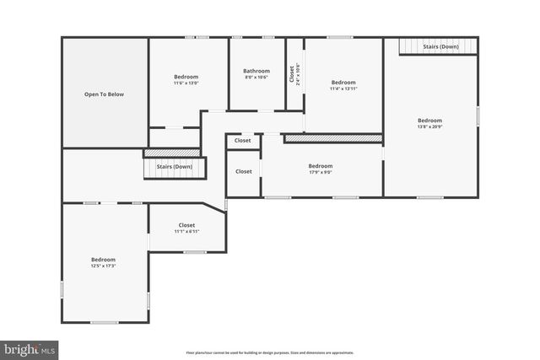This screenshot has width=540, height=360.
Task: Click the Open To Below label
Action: click(x=104, y=94)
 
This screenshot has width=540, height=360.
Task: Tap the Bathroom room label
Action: click(x=256, y=71)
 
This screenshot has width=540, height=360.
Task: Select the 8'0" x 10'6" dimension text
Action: click(x=256, y=78)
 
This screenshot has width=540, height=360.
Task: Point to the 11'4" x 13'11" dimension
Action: click(x=343, y=89)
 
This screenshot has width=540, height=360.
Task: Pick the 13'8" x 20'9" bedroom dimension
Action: click(x=429, y=126)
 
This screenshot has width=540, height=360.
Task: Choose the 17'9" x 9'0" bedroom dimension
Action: click(x=320, y=173)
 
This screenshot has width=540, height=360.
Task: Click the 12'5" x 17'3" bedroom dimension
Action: click(x=103, y=266)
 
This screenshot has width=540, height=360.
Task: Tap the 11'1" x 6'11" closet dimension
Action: click(x=186, y=232)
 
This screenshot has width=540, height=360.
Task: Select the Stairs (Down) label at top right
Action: click(x=440, y=46)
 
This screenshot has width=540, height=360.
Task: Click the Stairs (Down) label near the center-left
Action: click(x=174, y=167)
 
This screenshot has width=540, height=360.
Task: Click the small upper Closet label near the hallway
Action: click(x=243, y=142)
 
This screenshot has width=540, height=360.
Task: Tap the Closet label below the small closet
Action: click(x=243, y=171)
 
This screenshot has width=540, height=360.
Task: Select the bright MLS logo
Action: click(x=30, y=347)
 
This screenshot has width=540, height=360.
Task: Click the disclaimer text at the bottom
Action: click(x=269, y=352)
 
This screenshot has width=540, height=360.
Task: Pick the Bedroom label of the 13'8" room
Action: click(x=429, y=121)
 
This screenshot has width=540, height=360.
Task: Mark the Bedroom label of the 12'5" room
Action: click(x=103, y=259)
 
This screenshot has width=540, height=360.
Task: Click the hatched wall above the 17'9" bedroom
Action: click(x=333, y=137)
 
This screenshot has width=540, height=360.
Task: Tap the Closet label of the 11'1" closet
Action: click(x=186, y=225)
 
